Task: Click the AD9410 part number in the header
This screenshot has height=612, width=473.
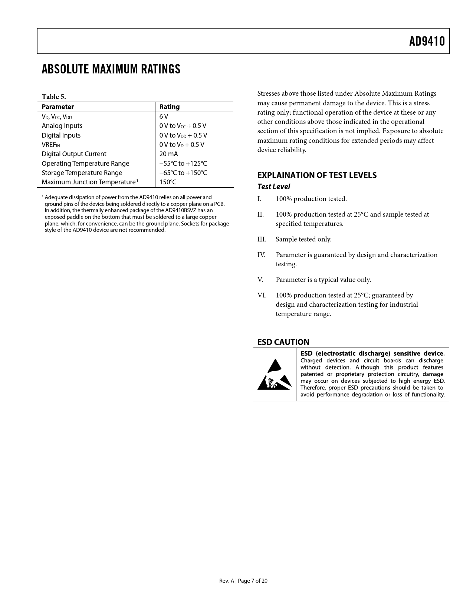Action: pos(427,41)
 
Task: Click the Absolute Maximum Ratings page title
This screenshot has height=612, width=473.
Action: pos(111,69)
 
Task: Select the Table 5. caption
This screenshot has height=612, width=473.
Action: pos(54,97)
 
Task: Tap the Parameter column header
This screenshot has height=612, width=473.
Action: pos(58,107)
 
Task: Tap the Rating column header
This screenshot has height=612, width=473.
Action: pos(170,107)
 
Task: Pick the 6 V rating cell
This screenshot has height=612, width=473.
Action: pos(164,116)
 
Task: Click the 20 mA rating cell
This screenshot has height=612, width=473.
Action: pos(168,154)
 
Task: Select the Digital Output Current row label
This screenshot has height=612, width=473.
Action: pos(74,154)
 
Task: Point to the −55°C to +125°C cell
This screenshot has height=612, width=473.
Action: pos(183,164)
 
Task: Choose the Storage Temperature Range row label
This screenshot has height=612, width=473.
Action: pos(82,173)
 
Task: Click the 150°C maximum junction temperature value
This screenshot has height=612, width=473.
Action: pos(168,182)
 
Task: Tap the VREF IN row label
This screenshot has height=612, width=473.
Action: pos(50,145)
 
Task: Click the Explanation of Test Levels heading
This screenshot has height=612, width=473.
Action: pos(317,175)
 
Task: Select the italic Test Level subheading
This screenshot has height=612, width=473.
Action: pos(273,187)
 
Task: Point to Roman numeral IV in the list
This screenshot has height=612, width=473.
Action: pos(261,255)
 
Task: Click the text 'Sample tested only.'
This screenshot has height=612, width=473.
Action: pos(303,239)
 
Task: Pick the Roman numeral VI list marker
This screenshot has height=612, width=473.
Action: pos(262,295)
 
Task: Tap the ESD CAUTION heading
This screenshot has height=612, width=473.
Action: pos(283,342)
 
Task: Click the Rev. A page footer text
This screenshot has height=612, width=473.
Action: pos(243,581)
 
